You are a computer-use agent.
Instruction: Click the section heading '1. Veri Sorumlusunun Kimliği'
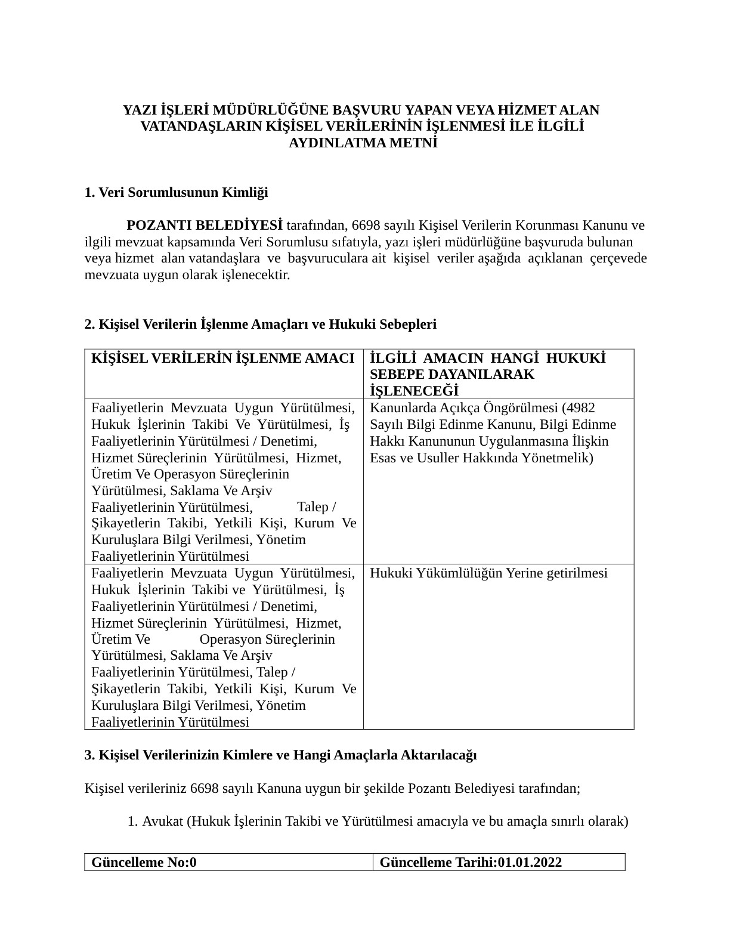176,193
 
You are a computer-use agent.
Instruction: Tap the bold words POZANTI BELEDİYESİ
205,226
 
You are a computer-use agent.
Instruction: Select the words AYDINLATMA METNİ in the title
363,144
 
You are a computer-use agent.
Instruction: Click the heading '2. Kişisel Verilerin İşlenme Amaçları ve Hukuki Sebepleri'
261,324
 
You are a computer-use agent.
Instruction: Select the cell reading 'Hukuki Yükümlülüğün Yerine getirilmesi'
488,573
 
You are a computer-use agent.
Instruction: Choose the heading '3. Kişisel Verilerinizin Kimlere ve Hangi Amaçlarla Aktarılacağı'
280,755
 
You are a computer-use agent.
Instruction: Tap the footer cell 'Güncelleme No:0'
144,862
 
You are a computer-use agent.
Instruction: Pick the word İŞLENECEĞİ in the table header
414,391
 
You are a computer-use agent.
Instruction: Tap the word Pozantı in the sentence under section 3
429,788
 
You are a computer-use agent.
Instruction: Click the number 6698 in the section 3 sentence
206,788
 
